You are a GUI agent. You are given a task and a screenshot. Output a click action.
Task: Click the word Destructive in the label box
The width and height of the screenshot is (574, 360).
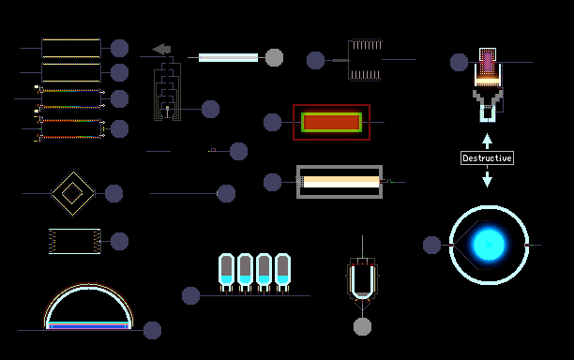point(487,158)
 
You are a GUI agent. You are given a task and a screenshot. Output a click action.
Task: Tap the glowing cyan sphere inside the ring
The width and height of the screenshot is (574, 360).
point(489,245)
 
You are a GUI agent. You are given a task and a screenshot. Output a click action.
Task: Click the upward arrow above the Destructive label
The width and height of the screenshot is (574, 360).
point(487,142)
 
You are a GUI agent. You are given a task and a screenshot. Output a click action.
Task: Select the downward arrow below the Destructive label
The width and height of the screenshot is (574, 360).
point(487,179)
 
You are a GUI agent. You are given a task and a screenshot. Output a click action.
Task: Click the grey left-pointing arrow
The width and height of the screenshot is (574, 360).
point(161,49)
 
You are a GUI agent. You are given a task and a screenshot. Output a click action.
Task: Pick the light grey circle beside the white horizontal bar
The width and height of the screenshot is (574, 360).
point(274,57)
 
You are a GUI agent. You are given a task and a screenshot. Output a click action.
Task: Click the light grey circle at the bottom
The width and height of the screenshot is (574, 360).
point(362,326)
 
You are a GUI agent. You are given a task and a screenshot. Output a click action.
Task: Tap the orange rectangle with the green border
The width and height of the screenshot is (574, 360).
point(331,122)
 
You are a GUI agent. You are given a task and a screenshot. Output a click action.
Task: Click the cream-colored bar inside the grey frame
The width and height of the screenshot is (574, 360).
point(341,182)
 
